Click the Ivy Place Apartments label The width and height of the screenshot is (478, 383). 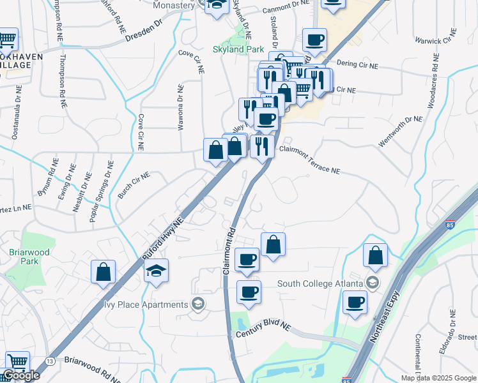pos(147,303)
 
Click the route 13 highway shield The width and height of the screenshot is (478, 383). pos(50,361)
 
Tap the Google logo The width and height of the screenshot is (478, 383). pos(21,375)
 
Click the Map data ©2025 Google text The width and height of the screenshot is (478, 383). pos(438,377)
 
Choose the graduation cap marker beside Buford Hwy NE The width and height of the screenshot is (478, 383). pos(156,273)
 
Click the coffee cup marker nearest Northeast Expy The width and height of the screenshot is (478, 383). pos(355,304)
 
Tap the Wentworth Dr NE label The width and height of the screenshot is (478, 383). pos(401,132)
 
